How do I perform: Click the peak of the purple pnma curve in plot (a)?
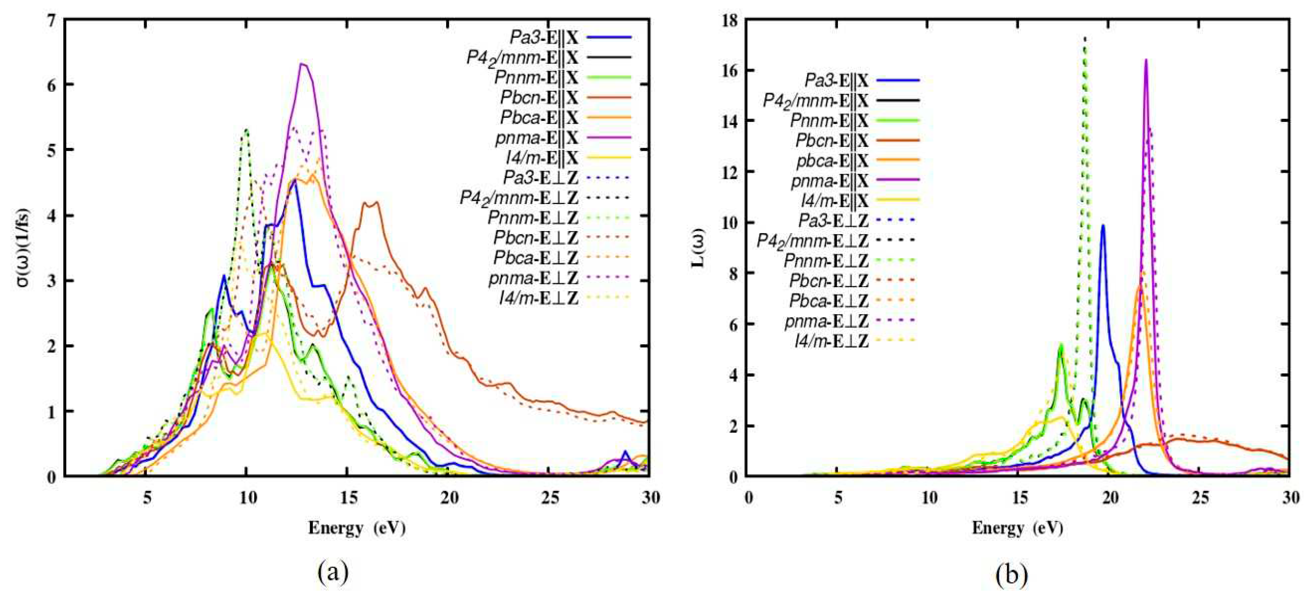(302, 65)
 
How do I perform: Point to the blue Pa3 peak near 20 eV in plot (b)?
(1103, 225)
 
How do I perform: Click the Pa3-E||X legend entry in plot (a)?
(544, 37)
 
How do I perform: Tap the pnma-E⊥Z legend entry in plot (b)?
(827, 321)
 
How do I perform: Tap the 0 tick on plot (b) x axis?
(749, 498)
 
